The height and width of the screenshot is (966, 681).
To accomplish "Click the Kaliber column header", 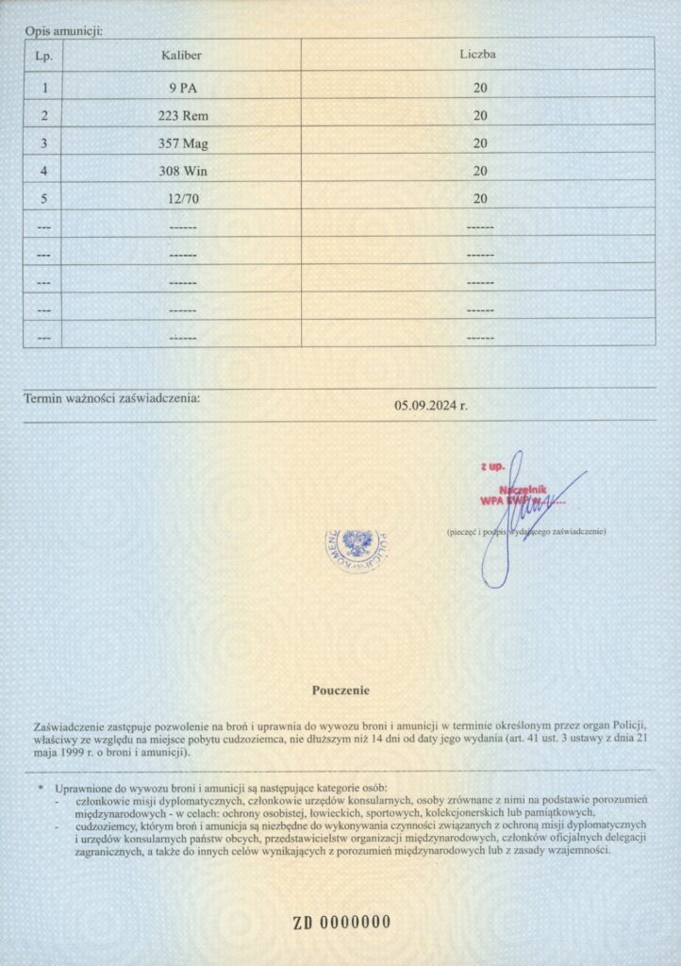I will click(x=182, y=55).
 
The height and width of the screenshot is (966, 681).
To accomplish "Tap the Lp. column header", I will click(x=42, y=55).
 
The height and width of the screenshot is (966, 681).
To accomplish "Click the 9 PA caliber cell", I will click(x=182, y=89).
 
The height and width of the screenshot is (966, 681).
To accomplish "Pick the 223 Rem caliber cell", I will click(x=182, y=116).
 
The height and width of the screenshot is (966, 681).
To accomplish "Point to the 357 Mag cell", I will click(x=182, y=143).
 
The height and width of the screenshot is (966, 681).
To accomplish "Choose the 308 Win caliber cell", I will click(x=182, y=171).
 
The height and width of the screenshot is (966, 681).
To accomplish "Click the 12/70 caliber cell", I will click(x=182, y=198).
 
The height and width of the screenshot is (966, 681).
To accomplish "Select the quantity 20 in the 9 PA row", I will click(x=480, y=89).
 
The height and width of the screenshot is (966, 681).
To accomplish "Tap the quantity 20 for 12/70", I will click(x=480, y=198).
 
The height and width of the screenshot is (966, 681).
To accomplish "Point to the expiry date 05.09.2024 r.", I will click(x=431, y=406).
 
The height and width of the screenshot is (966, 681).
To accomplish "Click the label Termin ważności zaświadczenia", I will click(x=111, y=398).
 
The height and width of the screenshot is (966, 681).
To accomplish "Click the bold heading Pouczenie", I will click(x=340, y=691).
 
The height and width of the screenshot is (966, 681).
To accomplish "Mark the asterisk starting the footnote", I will click(x=41, y=787).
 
